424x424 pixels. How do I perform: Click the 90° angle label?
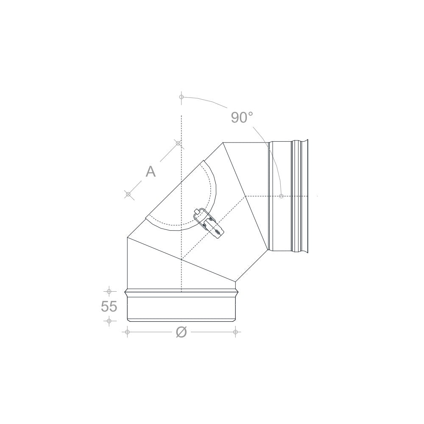(x=242, y=117)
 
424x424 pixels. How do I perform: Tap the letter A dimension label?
(x=151, y=171)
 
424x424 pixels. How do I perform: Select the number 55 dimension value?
(x=109, y=306)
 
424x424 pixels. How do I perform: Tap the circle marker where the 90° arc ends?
(x=281, y=196)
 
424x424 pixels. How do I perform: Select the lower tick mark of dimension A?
(x=128, y=194)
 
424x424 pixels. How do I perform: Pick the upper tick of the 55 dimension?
(x=109, y=292)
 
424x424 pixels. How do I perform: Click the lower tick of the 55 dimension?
(x=109, y=321)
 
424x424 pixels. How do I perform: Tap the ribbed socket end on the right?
(x=301, y=196)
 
